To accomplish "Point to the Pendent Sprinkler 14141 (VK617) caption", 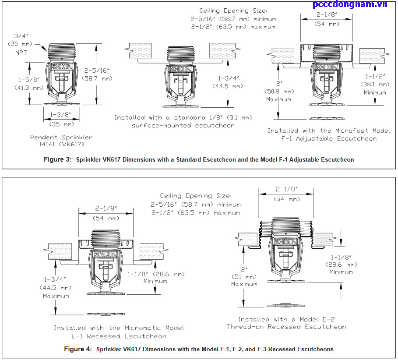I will [61, 141].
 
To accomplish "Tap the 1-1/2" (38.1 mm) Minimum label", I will [374, 84].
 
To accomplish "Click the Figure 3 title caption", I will [199, 160].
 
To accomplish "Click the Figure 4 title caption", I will [199, 349].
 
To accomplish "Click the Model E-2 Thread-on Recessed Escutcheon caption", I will [286, 323].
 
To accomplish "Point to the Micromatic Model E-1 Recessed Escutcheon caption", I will [119, 332].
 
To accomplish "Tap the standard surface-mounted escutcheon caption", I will [183, 121].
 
